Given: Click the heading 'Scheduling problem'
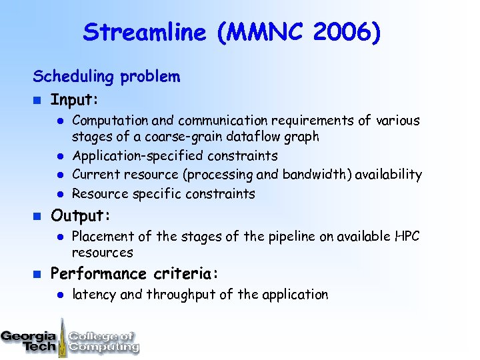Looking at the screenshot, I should pos(107,77).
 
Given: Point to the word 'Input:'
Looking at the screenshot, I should pos(75,100).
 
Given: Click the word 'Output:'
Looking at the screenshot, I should pos(81,216).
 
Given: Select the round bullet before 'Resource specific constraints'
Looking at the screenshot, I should pos(59,194).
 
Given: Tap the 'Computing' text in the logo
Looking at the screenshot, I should pos(104,347).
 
